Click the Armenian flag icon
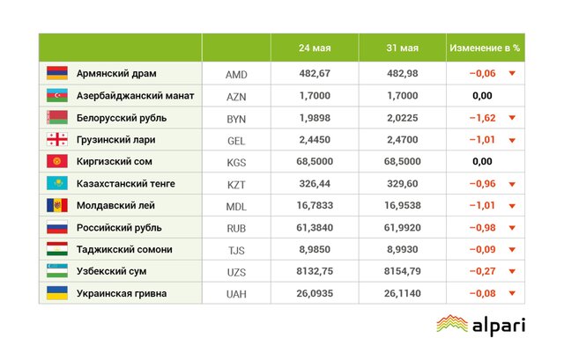[x=56, y=73]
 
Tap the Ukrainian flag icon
[x=56, y=293]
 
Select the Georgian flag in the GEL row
[x=56, y=139]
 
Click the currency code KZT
[x=236, y=183]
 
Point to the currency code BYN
[x=236, y=117]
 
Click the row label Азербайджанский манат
[x=135, y=95]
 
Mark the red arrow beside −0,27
[x=511, y=272]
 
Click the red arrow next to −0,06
[x=511, y=74]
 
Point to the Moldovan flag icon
[x=56, y=205]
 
